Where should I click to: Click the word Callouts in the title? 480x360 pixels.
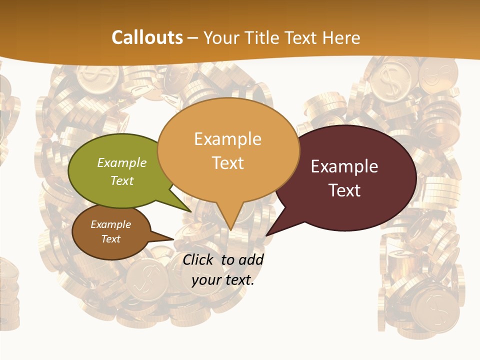(147, 37)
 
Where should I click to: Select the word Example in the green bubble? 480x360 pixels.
(121, 162)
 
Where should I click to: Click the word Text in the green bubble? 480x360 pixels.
(121, 180)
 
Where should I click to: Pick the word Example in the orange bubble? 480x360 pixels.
(227, 139)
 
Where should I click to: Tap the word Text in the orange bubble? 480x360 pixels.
(227, 163)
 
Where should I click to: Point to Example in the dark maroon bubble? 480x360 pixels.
(344, 166)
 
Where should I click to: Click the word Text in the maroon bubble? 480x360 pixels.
(344, 190)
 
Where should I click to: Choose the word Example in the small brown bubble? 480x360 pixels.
(110, 224)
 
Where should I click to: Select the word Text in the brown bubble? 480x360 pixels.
(110, 239)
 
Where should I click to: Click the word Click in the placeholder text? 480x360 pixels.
(199, 259)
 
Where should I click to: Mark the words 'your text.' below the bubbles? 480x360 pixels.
(222, 280)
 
